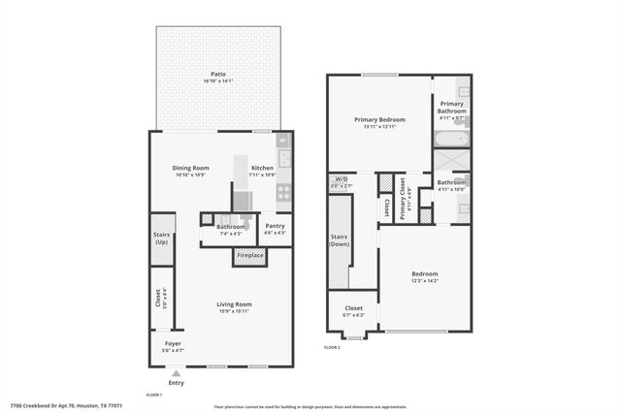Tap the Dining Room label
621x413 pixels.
point(192,168)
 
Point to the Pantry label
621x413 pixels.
point(276,226)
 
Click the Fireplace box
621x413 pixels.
point(249,256)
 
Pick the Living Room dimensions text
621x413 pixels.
point(234,311)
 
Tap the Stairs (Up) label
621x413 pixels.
point(161,238)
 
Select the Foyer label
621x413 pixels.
point(173,344)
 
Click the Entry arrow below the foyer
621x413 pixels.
point(176,371)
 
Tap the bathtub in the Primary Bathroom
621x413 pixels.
point(450,141)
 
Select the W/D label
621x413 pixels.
point(341,179)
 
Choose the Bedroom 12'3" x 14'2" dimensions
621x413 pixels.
point(424,281)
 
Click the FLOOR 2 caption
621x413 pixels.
point(332,346)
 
